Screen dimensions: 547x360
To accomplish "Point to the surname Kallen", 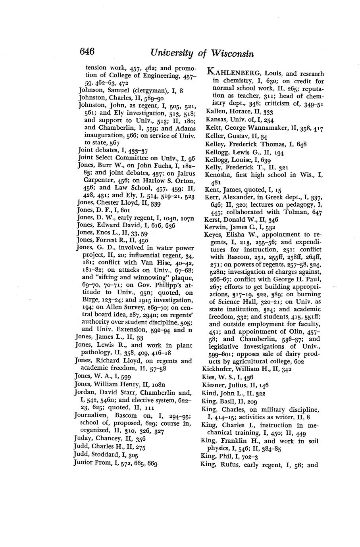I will [216, 112].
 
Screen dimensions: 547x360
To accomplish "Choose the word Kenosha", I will [218, 175].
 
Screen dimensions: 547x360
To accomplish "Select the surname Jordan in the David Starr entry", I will [85, 392].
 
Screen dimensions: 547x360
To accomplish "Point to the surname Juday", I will [85, 439].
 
